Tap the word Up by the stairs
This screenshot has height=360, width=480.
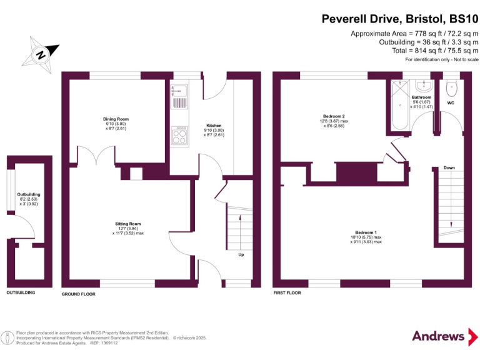coord(241,254)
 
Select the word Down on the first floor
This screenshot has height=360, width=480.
coord(449,167)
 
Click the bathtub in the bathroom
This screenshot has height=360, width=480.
coord(397,104)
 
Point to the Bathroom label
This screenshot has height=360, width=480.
coord(421,97)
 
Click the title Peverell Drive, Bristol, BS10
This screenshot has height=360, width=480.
coord(399,19)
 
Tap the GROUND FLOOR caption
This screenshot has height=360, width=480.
coord(78,293)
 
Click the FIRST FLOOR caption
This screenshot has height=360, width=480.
coord(287,292)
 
